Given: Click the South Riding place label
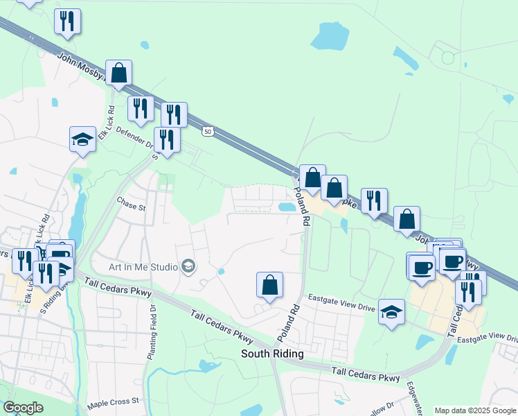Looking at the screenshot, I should (272, 354).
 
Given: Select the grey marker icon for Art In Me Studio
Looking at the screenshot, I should (187, 266).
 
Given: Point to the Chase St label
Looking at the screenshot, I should (132, 207).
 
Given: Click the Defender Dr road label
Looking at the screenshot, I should (134, 137).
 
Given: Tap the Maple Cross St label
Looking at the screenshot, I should (114, 401).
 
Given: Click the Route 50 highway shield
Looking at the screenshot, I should (207, 130).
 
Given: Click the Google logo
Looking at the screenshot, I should (23, 408).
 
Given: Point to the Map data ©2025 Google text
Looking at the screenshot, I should (474, 410).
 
